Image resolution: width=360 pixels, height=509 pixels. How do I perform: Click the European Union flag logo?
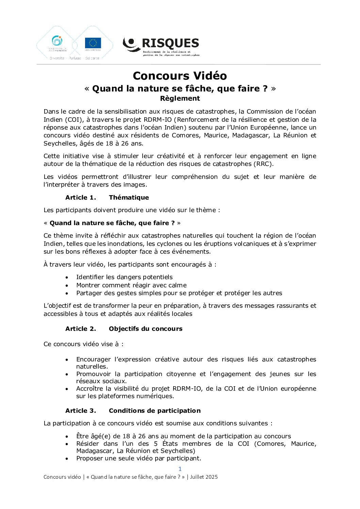[93, 43]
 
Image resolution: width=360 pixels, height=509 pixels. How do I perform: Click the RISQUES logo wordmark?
[170, 44]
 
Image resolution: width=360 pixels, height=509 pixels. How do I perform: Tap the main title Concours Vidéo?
[180, 75]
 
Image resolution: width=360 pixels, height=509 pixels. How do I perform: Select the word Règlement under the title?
[180, 98]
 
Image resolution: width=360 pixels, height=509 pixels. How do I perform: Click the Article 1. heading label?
[81, 198]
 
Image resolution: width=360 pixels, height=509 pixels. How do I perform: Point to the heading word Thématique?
[129, 198]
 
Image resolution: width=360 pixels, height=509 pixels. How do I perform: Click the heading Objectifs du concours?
[146, 329]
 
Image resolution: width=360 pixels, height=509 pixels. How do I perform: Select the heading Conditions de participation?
[154, 411]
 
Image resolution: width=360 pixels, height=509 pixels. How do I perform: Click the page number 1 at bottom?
[180, 469]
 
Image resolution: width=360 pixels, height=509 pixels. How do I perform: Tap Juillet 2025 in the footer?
[204, 477]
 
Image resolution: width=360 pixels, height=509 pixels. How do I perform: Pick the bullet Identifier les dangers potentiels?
[124, 277]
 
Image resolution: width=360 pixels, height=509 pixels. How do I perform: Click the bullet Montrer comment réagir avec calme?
[131, 285]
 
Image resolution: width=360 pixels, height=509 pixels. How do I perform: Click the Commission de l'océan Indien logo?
[57, 43]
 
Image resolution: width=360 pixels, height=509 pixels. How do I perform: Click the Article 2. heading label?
[81, 329]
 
